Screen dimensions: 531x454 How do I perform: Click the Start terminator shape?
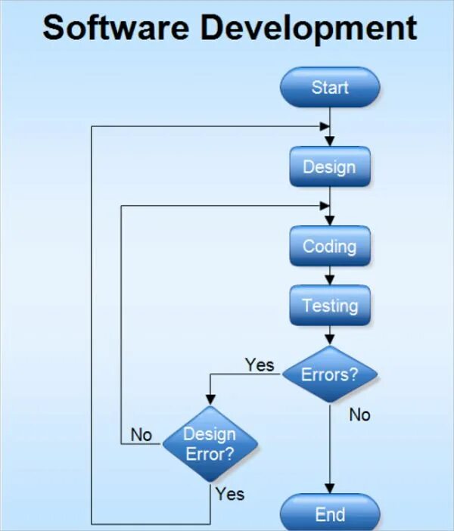tap(330, 87)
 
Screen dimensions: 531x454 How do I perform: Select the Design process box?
tap(330, 166)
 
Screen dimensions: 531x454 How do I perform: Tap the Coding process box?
tap(330, 246)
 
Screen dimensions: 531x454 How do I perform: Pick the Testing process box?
tap(330, 306)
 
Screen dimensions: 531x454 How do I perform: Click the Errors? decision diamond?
tap(330, 374)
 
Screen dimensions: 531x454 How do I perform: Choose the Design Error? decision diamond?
tap(210, 444)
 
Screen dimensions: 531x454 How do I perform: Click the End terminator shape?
tap(330, 515)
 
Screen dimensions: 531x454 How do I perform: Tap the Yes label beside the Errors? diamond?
tap(260, 365)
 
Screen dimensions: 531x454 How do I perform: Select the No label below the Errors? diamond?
tap(359, 415)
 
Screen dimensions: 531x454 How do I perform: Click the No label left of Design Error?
tap(141, 435)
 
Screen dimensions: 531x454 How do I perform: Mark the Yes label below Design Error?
tap(229, 494)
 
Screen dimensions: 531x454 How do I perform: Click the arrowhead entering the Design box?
tap(330, 141)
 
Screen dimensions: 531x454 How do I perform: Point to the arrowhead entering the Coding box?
tap(330, 220)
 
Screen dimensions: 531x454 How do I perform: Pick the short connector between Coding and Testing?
tap(330, 275)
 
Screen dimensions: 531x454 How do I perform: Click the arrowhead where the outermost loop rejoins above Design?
tap(325, 126)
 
